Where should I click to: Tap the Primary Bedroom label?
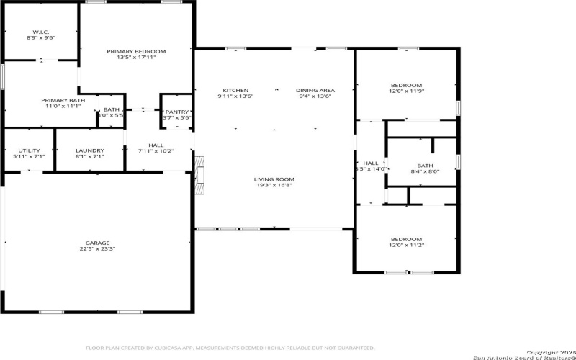pyautogui.click(x=136, y=52)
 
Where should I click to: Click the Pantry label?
pyautogui.click(x=176, y=112)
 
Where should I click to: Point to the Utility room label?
pyautogui.click(x=29, y=150)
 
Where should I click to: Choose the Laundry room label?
pyautogui.click(x=89, y=150)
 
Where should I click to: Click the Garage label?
pyautogui.click(x=98, y=243)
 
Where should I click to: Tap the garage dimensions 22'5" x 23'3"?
pyautogui.click(x=98, y=249)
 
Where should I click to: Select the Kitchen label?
pyautogui.click(x=235, y=91)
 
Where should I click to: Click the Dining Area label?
pyautogui.click(x=315, y=91)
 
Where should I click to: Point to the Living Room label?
pyautogui.click(x=274, y=179)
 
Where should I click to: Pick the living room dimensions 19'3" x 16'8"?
pyautogui.click(x=274, y=185)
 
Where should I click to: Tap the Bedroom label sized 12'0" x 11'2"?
pyautogui.click(x=406, y=240)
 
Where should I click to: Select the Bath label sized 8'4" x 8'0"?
pyautogui.click(x=424, y=166)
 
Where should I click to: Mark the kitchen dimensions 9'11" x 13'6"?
pyautogui.click(x=235, y=96)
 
